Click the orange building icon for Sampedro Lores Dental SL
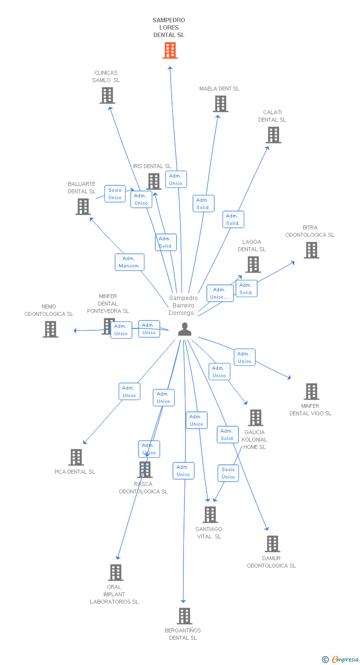coord(170,50)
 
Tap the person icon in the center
coord(184,329)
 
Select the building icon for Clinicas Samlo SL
coord(107,95)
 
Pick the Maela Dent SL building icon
coord(221,104)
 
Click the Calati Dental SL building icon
coord(273,135)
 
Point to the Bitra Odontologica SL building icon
coord(312,250)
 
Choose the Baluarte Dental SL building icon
coord(83,207)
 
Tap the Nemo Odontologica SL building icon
coord(50,329)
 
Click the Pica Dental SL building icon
coord(76,457)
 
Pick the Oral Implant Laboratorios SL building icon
coord(116,573)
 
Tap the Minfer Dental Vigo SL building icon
coord(312,392)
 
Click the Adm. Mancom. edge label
coord(130,262)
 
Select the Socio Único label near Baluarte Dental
coord(115,194)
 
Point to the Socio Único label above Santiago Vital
coord(228,473)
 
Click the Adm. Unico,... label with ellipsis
coord(220,293)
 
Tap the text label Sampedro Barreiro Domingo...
coord(183,305)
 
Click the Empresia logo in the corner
coord(341,659)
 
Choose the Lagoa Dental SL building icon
coord(253,265)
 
